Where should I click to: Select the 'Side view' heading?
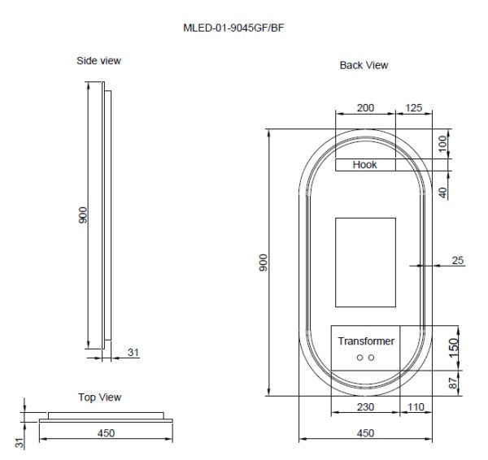pos(99,60)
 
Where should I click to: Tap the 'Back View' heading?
pos(364,65)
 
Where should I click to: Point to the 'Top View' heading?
pos(99,397)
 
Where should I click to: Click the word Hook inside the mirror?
pos(364,165)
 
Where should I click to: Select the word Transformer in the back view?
pos(366,341)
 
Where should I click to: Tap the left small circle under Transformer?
pos(359,358)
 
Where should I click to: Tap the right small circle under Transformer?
pos(372,358)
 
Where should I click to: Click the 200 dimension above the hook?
pos(366,108)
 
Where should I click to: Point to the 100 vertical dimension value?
pos(442,144)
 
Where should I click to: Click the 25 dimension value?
pos(457,260)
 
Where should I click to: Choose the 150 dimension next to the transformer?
pos(454,346)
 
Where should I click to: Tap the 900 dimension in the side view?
pos(81,215)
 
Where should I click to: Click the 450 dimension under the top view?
pos(106,433)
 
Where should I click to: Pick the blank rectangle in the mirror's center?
pos(365,262)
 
